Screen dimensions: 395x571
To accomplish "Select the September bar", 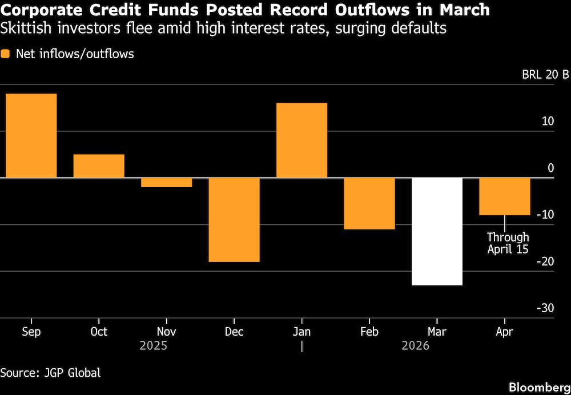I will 31,136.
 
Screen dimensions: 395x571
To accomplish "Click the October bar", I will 99,166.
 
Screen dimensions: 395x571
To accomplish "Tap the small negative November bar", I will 166,183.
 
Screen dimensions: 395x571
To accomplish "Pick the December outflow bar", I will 234,220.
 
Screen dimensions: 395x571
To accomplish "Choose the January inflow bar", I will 301,140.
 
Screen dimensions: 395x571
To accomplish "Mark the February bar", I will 369,204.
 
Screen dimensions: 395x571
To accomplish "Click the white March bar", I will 437,231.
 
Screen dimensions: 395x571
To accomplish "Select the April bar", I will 504,197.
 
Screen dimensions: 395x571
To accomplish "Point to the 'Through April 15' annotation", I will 508,243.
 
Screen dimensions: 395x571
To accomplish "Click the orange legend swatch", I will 6,55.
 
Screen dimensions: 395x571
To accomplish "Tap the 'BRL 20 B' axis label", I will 545,75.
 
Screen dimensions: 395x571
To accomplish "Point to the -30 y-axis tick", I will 546,308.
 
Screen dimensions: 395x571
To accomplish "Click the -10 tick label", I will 546,215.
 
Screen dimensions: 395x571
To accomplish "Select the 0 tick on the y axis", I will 550,168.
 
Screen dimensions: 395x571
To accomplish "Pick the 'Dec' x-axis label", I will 234,332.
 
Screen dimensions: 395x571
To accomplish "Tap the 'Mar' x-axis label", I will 437,332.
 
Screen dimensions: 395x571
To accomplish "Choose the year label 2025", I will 154,346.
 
